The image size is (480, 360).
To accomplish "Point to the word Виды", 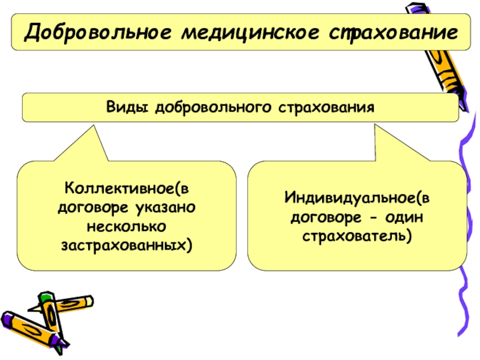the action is pos(126,107).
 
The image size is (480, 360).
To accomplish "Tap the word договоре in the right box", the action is pos(327,217).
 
